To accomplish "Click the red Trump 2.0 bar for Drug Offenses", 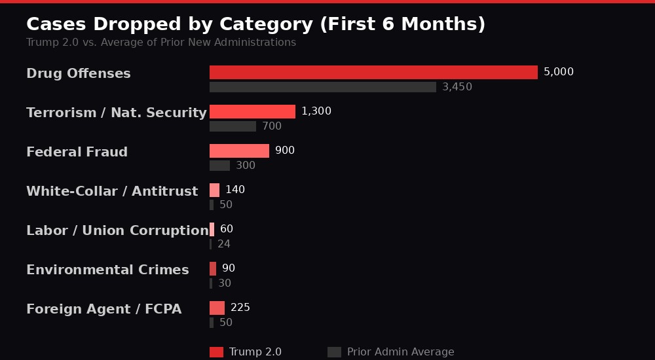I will [x=373, y=72].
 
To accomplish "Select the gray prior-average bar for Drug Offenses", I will [x=322, y=87].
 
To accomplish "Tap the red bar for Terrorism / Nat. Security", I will [x=252, y=111].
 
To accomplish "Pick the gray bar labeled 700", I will [x=233, y=126].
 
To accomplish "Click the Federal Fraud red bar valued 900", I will [x=239, y=151].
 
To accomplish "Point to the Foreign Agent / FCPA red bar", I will [x=217, y=308].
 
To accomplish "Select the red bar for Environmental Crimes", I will [x=213, y=268].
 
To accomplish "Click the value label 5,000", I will [x=558, y=72].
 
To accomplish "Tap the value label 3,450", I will [x=457, y=87].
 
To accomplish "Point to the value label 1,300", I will [x=316, y=111].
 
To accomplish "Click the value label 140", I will [x=234, y=190].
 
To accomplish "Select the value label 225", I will [x=240, y=308].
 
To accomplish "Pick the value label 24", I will [x=224, y=244].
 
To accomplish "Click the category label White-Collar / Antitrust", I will [x=112, y=191].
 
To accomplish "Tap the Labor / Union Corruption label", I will [x=117, y=230].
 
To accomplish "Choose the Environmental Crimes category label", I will [x=107, y=270].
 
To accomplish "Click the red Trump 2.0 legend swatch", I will [x=216, y=352].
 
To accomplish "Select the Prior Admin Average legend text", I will [x=400, y=352].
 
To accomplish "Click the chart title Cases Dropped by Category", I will [x=255, y=24].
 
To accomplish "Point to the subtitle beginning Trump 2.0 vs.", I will [x=161, y=43].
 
